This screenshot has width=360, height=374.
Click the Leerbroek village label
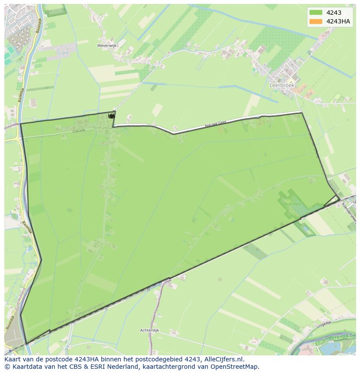point(282,86)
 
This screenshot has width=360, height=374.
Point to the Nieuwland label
point(105,128)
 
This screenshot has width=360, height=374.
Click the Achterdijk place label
point(150,331)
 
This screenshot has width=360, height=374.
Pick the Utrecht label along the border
point(63,322)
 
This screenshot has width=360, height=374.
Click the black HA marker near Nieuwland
point(112,116)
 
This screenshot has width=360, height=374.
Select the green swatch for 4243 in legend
point(316,13)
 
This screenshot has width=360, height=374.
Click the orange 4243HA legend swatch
point(316,21)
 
